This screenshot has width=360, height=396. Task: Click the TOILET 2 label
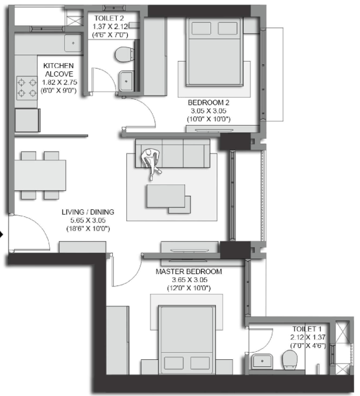click(x=107, y=17)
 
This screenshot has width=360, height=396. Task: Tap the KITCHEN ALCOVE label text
click(x=58, y=70)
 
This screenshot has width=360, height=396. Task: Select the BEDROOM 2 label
click(x=209, y=103)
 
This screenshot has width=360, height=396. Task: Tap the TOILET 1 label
click(x=306, y=328)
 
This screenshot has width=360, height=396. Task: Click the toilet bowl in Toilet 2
click(x=125, y=54)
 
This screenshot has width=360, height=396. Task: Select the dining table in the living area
click(x=40, y=175)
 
